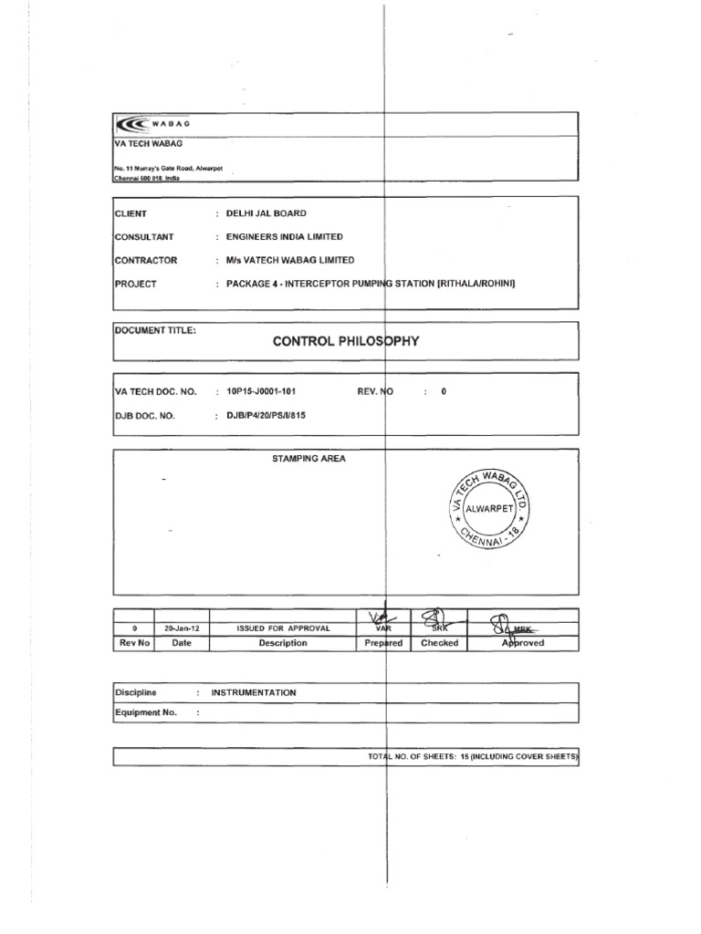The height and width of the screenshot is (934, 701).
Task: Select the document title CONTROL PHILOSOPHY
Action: tap(346, 342)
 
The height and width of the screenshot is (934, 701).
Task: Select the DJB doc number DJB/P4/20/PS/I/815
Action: tap(271, 415)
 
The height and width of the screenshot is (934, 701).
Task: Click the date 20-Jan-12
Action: tap(181, 628)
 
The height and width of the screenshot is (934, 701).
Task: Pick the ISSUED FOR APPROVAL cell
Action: tap(283, 628)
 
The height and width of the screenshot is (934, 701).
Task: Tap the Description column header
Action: tap(283, 643)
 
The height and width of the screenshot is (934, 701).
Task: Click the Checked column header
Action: tap(440, 643)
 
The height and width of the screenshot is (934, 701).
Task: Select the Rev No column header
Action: tap(133, 643)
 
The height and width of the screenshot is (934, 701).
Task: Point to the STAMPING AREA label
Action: tap(309, 459)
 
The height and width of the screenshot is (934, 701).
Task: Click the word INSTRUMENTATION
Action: tap(254, 693)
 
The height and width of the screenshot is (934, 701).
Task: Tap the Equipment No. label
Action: tap(146, 712)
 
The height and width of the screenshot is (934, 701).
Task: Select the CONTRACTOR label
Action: tap(146, 260)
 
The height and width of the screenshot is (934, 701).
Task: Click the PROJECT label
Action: tap(136, 284)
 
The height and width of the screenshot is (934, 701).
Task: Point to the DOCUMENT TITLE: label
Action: tap(155, 330)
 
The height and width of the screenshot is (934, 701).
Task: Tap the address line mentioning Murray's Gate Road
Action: tap(168, 170)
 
